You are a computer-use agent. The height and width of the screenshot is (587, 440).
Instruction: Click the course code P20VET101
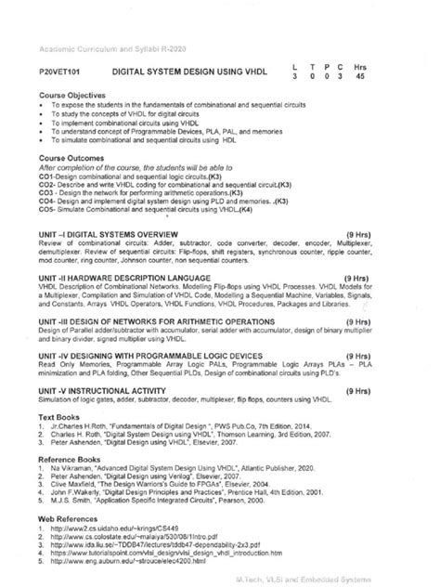click(x=60, y=71)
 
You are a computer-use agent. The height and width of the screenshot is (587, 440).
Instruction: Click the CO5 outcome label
click(x=49, y=210)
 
